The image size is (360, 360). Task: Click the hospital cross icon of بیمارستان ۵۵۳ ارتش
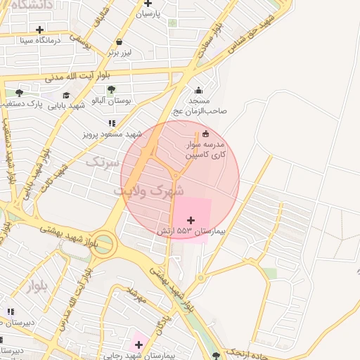(x=191, y=220)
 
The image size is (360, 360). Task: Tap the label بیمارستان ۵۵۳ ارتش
(x=191, y=231)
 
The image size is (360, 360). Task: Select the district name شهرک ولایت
(x=148, y=191)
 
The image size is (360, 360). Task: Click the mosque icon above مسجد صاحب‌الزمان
(x=198, y=90)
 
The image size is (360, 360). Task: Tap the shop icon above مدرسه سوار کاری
(x=205, y=134)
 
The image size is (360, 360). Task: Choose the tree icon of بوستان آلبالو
(x=111, y=89)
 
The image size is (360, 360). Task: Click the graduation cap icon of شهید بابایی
(x=66, y=96)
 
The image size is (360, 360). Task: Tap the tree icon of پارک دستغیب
(x=19, y=92)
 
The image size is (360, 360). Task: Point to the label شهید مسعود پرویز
(x=112, y=134)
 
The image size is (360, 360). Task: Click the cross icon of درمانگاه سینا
(x=39, y=30)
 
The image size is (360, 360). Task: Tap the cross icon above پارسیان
(x=148, y=4)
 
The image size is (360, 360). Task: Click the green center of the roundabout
(x=103, y=244)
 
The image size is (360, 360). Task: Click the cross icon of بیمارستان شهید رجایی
(x=139, y=345)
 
